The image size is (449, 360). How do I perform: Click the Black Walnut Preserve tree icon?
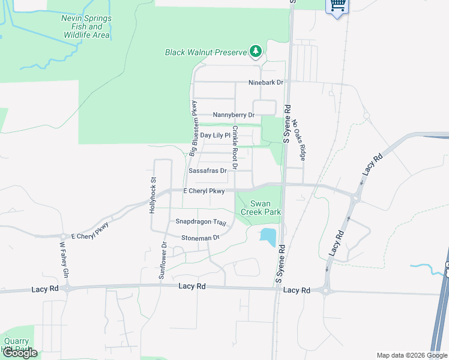[256, 52]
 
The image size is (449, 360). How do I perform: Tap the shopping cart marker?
[337, 5]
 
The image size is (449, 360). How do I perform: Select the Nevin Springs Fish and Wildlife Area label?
[86, 27]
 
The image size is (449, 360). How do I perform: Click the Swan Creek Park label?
[261, 208]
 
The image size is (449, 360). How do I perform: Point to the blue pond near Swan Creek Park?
[268, 237]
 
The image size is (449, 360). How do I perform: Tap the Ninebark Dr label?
[266, 82]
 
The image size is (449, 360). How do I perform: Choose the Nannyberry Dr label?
[234, 115]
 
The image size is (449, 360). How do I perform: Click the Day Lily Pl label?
[215, 136]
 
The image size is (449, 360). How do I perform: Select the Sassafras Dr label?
[207, 170]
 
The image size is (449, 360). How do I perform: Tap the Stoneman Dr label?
[200, 238]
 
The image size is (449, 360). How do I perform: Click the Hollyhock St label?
[153, 193]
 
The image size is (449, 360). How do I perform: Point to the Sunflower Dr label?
[162, 261]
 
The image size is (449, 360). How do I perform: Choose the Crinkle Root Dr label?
[235, 146]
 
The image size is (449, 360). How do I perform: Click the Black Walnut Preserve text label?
[206, 52]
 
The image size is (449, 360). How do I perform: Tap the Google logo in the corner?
[19, 353]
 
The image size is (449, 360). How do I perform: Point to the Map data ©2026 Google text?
[412, 355]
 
